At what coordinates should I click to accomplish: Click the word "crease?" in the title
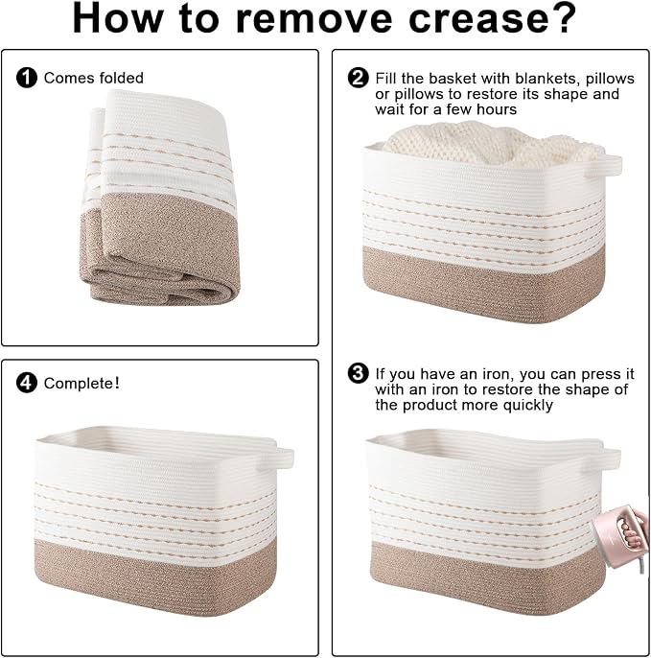[x=492, y=18]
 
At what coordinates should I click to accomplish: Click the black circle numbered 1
[x=27, y=78]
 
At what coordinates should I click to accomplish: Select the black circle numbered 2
[x=359, y=78]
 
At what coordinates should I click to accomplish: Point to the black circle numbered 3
[x=359, y=373]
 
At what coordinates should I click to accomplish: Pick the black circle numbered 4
[x=27, y=383]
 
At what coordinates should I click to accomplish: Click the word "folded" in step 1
[x=122, y=78]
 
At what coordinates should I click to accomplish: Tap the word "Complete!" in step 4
[x=81, y=383]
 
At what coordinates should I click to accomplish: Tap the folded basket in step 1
[x=160, y=198]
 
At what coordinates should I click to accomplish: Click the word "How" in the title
[x=117, y=19]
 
